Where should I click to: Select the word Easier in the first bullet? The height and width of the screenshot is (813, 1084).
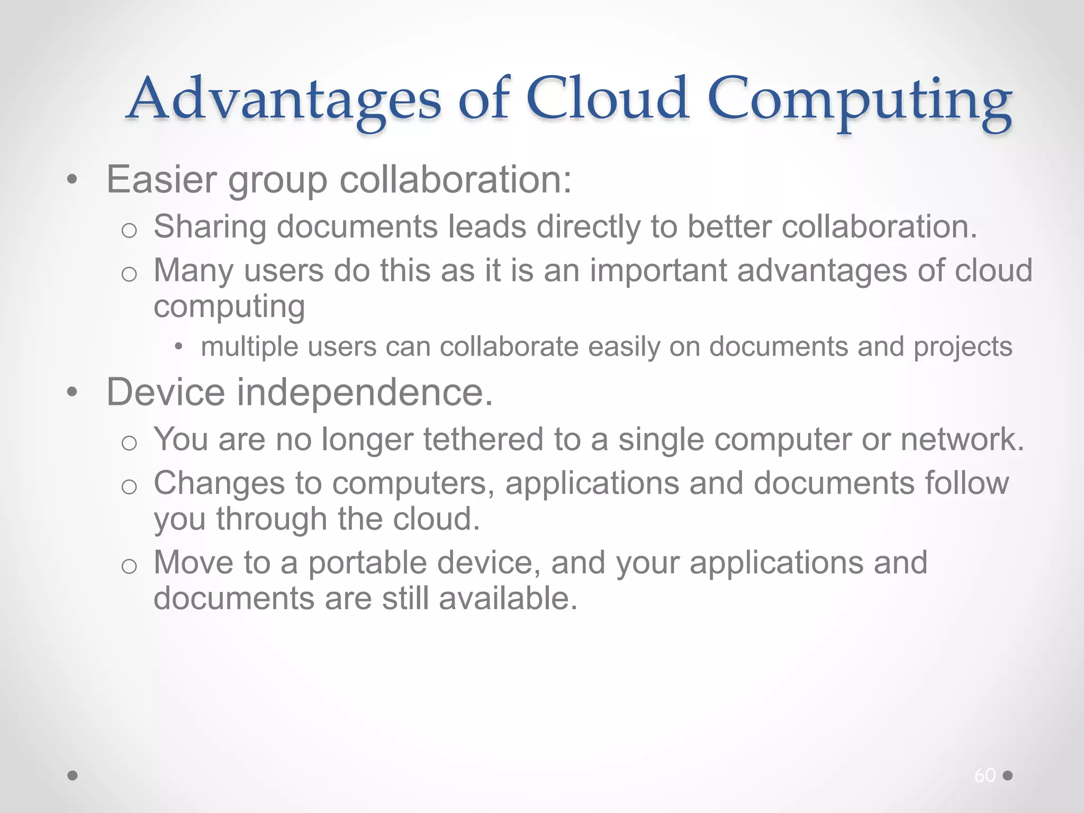coord(161,179)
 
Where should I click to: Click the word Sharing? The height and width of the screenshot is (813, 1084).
coord(210,228)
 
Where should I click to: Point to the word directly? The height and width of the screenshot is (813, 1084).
coord(588,228)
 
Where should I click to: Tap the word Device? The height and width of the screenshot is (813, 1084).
coord(166,392)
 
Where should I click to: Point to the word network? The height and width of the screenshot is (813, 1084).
coord(962,440)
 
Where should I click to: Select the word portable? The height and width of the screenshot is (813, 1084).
coord(367,563)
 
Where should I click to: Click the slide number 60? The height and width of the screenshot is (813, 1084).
coord(984,775)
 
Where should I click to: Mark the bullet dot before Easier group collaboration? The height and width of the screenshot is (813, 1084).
coord(73,180)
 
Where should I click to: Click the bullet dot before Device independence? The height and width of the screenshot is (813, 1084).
coord(73,393)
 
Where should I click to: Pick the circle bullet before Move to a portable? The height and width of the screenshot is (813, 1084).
coord(129,566)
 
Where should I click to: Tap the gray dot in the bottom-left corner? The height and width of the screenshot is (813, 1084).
coord(73,775)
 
